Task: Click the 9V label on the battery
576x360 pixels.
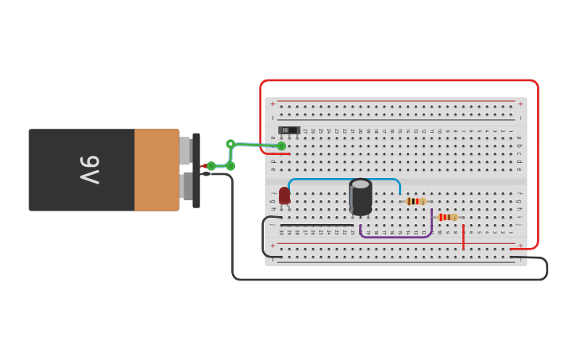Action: click(89, 169)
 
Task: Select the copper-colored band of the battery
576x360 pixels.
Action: click(157, 170)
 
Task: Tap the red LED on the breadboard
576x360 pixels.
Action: click(284, 195)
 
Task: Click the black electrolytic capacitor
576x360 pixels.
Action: click(361, 197)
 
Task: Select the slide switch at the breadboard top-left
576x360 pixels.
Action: click(289, 130)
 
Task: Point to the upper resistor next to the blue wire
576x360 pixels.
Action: click(415, 201)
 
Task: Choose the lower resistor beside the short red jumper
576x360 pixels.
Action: click(447, 217)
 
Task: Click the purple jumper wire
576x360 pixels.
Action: click(396, 236)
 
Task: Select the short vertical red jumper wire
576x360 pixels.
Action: click(463, 237)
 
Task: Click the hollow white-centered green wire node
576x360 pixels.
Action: click(230, 144)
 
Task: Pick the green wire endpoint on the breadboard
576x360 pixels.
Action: click(281, 146)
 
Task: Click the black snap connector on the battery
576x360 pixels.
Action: click(196, 170)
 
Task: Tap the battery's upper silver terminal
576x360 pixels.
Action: click(185, 150)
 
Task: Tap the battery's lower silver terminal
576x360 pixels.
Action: click(185, 187)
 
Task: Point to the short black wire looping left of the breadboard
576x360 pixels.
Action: click(265, 237)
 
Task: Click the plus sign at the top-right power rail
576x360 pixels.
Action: click(520, 104)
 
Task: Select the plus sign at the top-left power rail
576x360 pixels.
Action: click(273, 104)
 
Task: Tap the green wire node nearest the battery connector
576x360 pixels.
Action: click(211, 166)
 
